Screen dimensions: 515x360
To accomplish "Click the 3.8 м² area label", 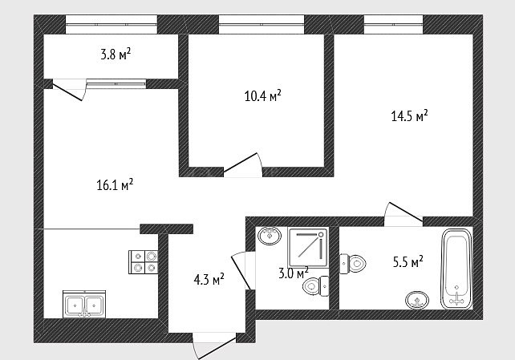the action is pyautogui.click(x=116, y=55).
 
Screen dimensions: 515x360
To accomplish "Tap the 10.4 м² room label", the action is pyautogui.click(x=263, y=96).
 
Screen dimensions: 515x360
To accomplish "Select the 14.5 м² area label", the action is pyautogui.click(x=410, y=115).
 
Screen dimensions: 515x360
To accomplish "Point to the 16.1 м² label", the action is pyautogui.click(x=115, y=185).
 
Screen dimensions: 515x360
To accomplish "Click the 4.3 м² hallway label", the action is pyautogui.click(x=209, y=280).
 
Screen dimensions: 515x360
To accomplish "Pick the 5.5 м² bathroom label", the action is pyautogui.click(x=408, y=262).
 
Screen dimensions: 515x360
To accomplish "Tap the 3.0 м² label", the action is pyautogui.click(x=294, y=273).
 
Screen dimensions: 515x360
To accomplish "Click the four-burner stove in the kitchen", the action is pyautogui.click(x=144, y=262).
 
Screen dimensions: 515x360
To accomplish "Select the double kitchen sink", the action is pyautogui.click(x=84, y=304).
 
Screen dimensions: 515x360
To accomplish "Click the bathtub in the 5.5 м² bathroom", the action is pyautogui.click(x=456, y=269).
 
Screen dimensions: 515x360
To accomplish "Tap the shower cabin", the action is pyautogui.click(x=308, y=248).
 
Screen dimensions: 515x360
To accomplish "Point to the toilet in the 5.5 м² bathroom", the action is pyautogui.click(x=353, y=264).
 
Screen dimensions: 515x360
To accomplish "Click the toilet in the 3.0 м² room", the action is pyautogui.click(x=315, y=287).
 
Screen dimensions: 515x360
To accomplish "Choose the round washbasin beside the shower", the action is pyautogui.click(x=270, y=235).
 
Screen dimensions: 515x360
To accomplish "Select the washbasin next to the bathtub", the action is pyautogui.click(x=417, y=300).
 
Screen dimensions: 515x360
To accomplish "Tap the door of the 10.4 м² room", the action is pyautogui.click(x=243, y=165).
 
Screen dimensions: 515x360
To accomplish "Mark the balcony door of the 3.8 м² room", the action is pyautogui.click(x=69, y=89).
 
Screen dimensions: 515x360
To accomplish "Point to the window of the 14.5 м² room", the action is pyautogui.click(x=394, y=24).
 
